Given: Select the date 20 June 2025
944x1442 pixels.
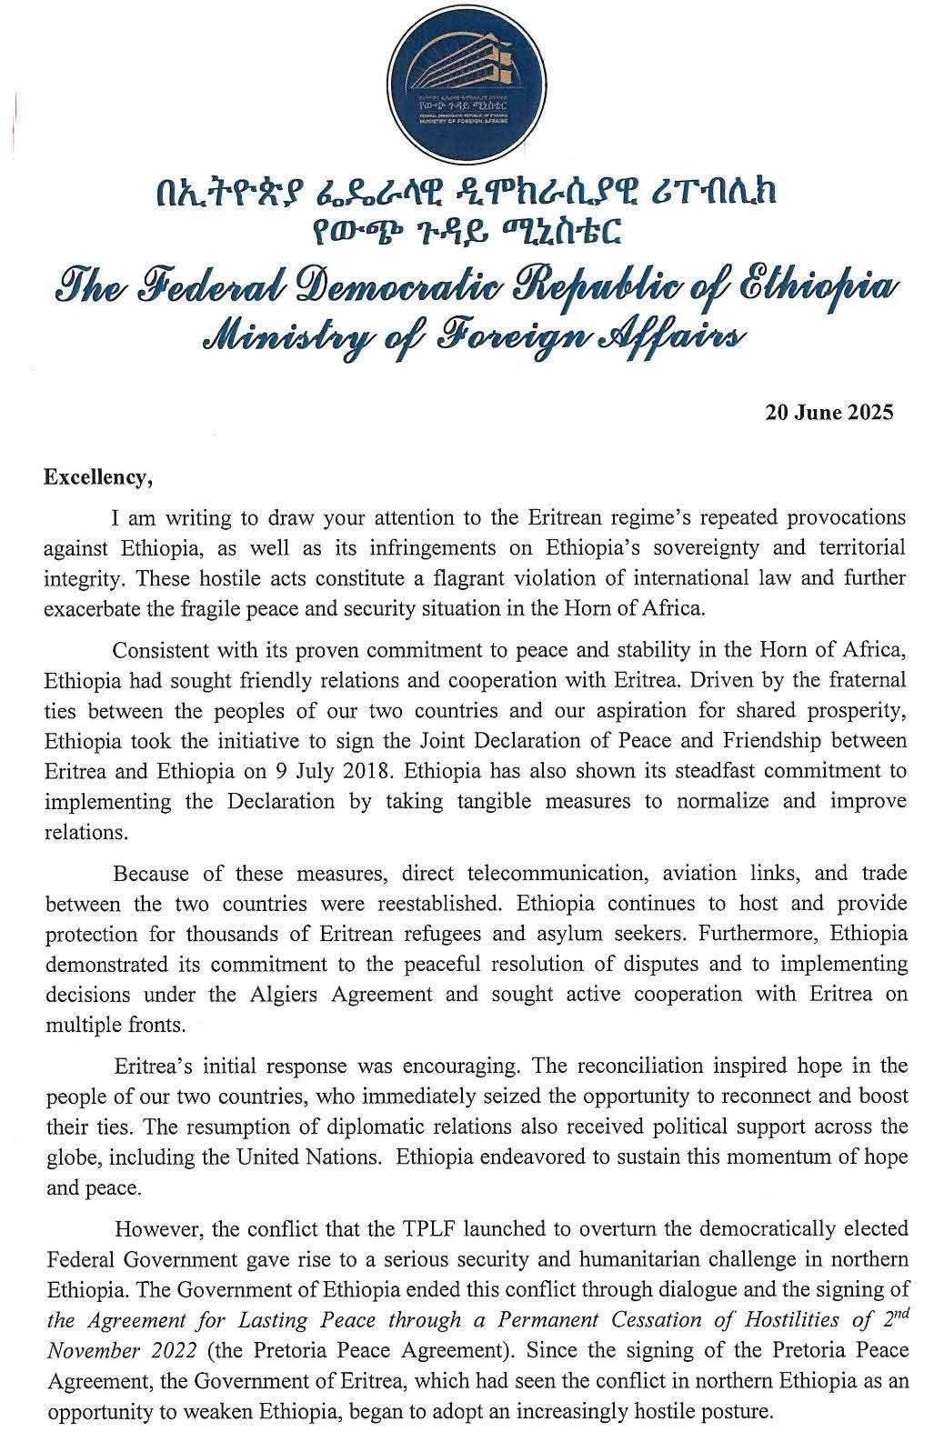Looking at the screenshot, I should coord(829,413).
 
